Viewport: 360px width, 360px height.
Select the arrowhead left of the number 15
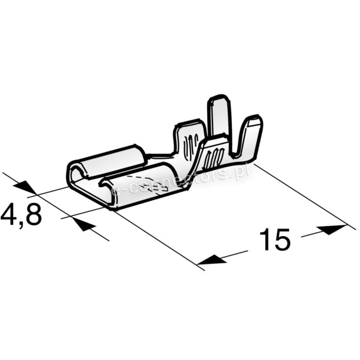[x=212, y=259]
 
